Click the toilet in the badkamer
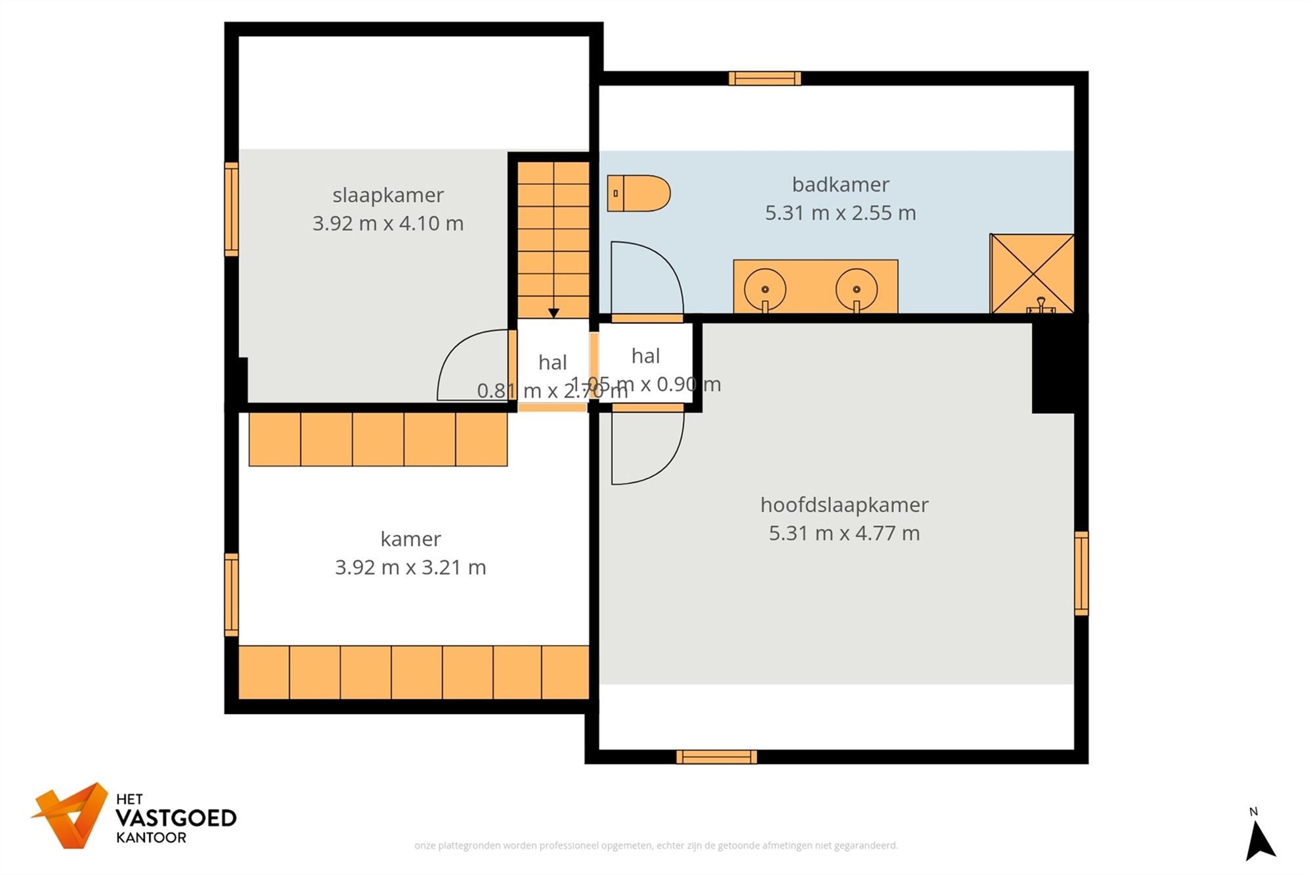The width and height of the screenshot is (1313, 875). coord(638,193)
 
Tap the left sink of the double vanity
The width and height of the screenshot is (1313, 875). coord(765,289)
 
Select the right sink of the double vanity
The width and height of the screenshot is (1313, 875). coord(856,289)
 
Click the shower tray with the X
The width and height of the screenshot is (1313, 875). coord(1031,273)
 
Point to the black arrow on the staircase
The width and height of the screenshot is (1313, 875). coord(553,313)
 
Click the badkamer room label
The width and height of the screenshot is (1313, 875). coord(840,184)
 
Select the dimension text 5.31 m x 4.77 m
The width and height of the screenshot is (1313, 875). coord(844,533)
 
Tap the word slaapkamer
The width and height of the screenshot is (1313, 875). coord(388,195)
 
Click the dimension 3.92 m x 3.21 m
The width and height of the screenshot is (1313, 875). coord(410,567)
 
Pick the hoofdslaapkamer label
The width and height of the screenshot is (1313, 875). coord(844,505)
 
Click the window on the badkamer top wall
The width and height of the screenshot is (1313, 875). coord(765,79)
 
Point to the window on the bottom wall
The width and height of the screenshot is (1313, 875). coord(716,757)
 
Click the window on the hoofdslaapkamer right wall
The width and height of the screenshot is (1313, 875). coord(1081,573)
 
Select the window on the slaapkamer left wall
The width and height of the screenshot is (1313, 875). coord(231,209)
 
